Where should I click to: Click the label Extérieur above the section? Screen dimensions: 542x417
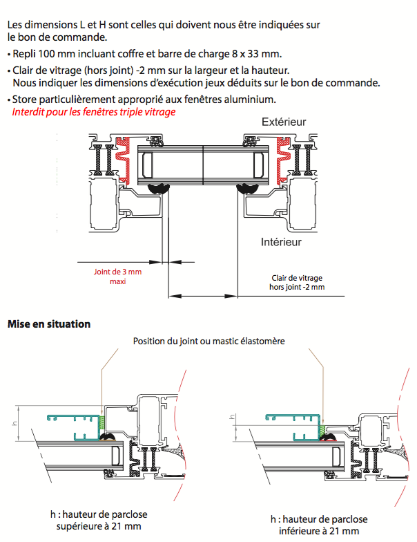click(284, 122)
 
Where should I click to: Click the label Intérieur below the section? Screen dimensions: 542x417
click(282, 242)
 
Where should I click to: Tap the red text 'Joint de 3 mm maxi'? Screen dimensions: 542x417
click(117, 277)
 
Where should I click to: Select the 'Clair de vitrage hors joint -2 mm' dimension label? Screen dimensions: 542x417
click(296, 281)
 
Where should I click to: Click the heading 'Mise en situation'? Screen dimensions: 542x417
click(48, 324)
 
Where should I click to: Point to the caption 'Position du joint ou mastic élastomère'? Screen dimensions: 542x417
click(208, 341)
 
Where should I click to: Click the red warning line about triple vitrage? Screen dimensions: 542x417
click(94, 111)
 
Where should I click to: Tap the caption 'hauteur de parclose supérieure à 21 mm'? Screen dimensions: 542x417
click(101, 521)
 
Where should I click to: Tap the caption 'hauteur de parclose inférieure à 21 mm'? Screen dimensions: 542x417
click(319, 525)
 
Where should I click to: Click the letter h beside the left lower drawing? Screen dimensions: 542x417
click(15, 422)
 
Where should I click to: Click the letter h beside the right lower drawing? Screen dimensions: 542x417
click(232, 417)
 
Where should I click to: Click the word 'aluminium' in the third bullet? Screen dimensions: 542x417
click(252, 99)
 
